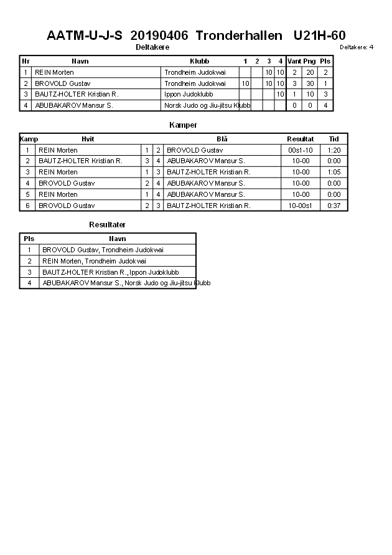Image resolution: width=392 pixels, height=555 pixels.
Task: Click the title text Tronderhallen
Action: click(235, 36)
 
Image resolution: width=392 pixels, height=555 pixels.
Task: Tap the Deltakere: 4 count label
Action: click(357, 47)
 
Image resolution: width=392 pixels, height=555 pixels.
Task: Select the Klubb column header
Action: click(199, 61)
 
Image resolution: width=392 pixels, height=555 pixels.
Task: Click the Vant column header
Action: click(294, 61)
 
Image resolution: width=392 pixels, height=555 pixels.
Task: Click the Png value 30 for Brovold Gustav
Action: click(310, 83)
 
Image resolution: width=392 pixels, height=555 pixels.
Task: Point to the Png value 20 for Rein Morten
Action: click(310, 72)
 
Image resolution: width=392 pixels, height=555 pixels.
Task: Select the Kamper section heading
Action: click(183, 125)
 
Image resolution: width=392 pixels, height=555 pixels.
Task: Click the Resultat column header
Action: click(300, 139)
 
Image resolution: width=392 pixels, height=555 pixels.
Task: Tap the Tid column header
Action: click(334, 139)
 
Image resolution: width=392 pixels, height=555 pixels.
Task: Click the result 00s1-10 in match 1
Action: click(300, 150)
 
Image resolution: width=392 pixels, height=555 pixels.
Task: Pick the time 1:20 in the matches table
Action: click(334, 150)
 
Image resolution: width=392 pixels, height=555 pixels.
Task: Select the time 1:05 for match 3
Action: click(334, 172)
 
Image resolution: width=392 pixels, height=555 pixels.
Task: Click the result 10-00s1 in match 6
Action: click(300, 206)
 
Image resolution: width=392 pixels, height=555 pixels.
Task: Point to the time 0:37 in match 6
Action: click(334, 206)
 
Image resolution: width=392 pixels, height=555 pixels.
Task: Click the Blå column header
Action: click(222, 139)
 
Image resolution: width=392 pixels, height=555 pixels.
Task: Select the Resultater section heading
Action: click(107, 224)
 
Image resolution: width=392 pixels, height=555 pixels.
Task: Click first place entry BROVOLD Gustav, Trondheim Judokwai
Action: click(103, 250)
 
